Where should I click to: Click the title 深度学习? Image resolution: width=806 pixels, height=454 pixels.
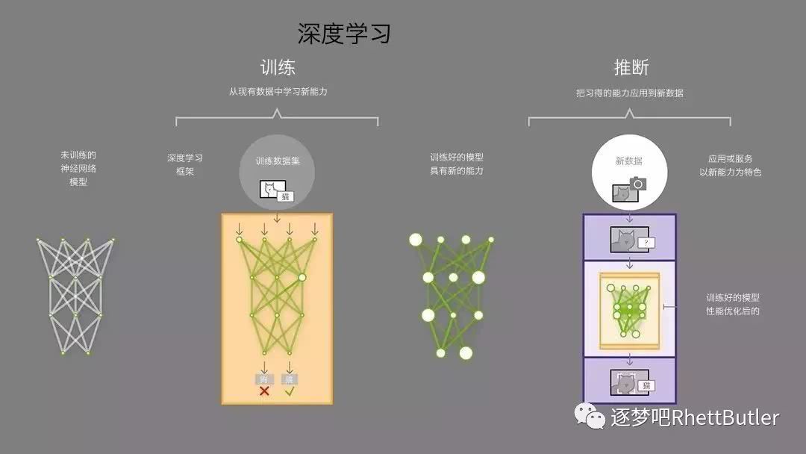click(344, 33)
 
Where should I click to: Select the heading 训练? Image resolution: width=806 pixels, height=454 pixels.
click(277, 67)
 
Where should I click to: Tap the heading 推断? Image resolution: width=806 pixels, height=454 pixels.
click(631, 67)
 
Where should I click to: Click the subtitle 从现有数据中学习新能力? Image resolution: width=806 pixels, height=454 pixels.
click(278, 92)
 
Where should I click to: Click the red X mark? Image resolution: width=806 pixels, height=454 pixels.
click(264, 391)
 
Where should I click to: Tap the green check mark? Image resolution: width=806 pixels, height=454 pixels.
click(290, 391)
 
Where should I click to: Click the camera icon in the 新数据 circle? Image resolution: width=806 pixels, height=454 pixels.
click(637, 183)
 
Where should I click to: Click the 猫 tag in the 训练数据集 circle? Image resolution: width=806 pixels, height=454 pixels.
click(284, 196)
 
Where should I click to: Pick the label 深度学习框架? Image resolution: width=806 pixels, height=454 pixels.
click(184, 164)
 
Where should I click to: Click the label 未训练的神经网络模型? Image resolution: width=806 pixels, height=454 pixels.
click(78, 168)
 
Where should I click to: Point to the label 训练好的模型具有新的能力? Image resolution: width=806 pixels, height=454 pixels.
click(457, 164)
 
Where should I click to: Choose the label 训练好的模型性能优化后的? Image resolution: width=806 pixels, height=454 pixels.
click(732, 304)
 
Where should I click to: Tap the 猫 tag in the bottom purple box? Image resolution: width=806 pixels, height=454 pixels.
click(646, 385)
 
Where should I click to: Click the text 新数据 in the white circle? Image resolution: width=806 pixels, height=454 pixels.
click(628, 161)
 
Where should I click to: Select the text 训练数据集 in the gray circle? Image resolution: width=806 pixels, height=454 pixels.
click(276, 161)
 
